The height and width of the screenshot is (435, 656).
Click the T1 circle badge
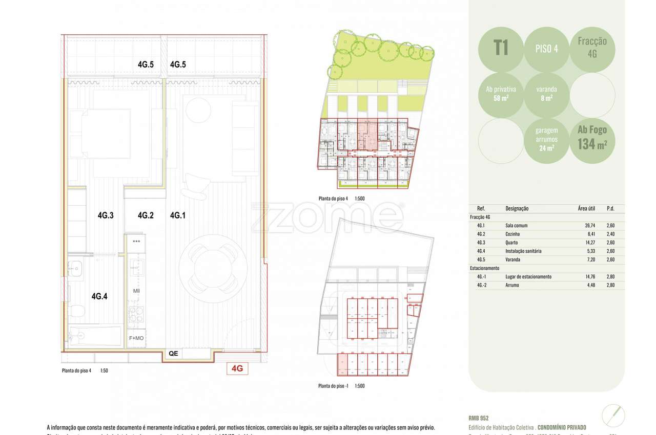[x=501, y=49]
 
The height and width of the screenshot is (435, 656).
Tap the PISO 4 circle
[x=546, y=49]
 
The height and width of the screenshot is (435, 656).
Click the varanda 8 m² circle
[x=546, y=93]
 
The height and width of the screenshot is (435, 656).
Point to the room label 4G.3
[x=105, y=215]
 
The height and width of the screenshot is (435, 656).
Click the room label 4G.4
[x=99, y=296]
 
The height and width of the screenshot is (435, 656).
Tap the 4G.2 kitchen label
[x=146, y=215]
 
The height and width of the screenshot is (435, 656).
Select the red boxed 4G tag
[x=237, y=368]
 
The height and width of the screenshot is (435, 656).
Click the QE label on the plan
[x=173, y=353]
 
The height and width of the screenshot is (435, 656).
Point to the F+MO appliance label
[x=136, y=338]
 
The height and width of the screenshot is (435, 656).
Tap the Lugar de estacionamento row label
[x=528, y=277]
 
